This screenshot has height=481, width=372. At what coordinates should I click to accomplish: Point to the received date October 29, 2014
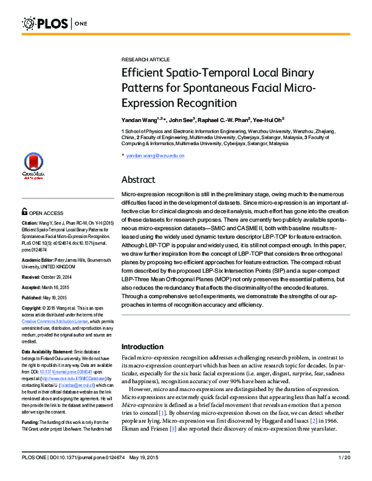click(x=62, y=277)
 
